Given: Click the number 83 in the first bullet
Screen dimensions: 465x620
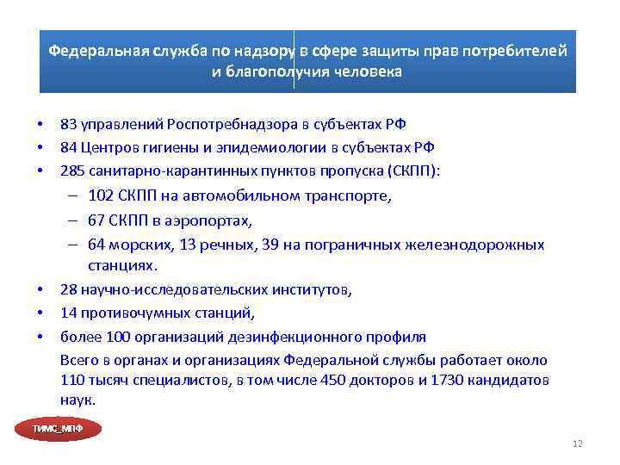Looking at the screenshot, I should pyautogui.click(x=68, y=126).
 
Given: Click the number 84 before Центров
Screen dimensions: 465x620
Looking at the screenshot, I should pyautogui.click(x=68, y=148).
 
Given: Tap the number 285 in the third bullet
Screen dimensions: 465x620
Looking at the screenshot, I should pyautogui.click(x=71, y=170).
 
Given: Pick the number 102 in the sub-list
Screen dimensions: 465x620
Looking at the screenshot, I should pyautogui.click(x=100, y=195).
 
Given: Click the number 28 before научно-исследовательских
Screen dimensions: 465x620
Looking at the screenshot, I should pyautogui.click(x=68, y=290).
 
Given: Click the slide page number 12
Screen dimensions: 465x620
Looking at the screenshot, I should pyautogui.click(x=577, y=444).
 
